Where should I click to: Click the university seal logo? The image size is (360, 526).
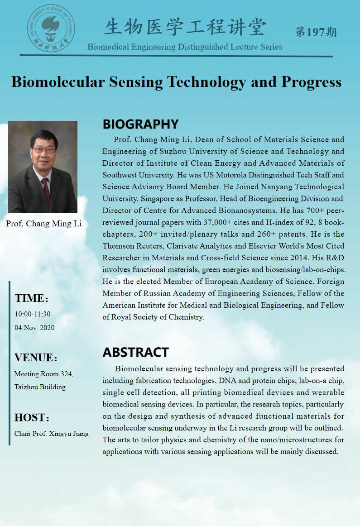point(51,27)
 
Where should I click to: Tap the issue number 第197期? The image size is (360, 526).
point(316,32)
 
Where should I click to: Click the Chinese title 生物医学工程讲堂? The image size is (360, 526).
point(185,27)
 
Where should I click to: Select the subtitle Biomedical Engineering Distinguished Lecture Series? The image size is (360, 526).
point(185,47)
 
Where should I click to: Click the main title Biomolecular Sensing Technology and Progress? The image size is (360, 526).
point(176,82)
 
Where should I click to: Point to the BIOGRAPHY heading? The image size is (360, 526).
point(140,124)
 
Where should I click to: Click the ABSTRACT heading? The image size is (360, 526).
point(135,352)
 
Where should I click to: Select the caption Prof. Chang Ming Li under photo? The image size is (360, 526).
point(44,224)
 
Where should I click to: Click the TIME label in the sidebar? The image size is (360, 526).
point(31,298)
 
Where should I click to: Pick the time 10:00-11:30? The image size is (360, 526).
point(32,314)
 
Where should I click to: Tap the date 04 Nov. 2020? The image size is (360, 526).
point(34,327)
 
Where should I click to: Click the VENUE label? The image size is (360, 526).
point(35,358)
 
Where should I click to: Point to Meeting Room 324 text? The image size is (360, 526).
point(43,374)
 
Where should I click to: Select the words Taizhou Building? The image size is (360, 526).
point(40,387)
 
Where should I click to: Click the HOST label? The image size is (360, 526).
point(31,417)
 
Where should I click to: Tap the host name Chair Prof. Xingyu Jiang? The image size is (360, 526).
point(51,434)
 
